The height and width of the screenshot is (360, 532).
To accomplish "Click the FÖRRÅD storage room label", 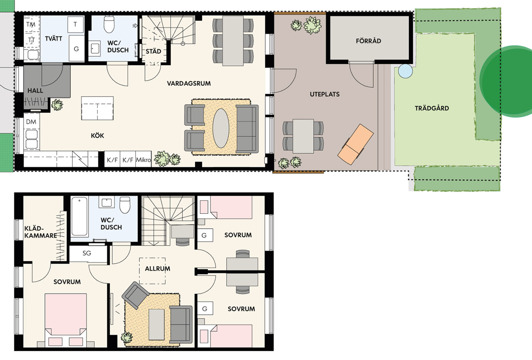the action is pos(368,41).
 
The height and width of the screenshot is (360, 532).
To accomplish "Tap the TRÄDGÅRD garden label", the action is pos(432,108).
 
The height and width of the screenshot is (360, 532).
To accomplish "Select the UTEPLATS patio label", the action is pos(325,94).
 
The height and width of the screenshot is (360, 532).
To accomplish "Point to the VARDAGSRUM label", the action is pos(189,83).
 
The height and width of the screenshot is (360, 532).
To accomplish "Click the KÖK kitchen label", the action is pos(98,136).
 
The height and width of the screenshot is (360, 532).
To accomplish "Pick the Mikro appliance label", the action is pos(144,160).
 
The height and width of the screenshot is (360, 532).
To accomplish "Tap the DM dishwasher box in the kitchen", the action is pos(31,121).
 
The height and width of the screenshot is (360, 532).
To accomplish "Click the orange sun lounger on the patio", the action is pos(356,144).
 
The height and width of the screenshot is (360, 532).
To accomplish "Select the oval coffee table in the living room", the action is pos(221,128).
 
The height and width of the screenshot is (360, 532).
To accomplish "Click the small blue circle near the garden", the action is pos(405,71).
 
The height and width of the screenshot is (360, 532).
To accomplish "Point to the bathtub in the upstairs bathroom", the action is pos(79,216).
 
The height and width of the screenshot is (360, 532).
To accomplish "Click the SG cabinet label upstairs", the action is pos(87,253).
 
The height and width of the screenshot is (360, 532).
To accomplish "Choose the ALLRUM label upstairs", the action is pos(157,269).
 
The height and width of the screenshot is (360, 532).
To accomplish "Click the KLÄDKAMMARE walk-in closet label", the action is pos(41,232).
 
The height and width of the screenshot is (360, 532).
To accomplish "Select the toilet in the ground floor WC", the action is pos(109,24).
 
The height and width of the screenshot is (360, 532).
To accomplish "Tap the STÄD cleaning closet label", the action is pos(153,51).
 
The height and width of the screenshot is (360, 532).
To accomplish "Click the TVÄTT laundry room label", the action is pos(54,39).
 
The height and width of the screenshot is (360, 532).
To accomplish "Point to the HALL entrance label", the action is pos(35,90).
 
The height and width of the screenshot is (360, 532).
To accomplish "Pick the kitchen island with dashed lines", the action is pos(98,108).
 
